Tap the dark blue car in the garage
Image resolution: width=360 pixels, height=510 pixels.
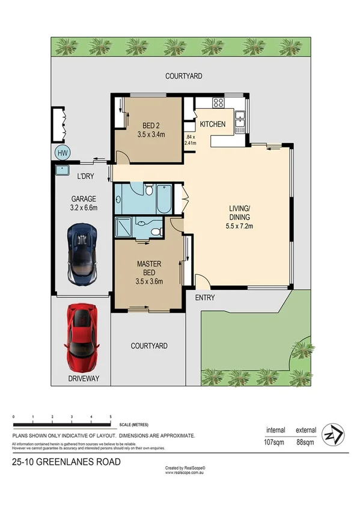click(x=82, y=253)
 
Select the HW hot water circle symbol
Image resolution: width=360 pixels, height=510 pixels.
click(x=62, y=153)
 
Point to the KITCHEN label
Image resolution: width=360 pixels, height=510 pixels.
click(x=212, y=124)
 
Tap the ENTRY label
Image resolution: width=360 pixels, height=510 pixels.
click(x=205, y=298)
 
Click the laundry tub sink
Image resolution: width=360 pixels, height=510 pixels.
click(x=61, y=170)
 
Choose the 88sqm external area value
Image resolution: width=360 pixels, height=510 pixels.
click(x=306, y=443)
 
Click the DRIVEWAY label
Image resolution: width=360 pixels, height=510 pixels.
click(x=84, y=378)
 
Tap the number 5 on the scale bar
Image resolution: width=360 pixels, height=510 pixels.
click(x=111, y=417)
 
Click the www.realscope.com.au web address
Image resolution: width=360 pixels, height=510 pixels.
click(x=185, y=473)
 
